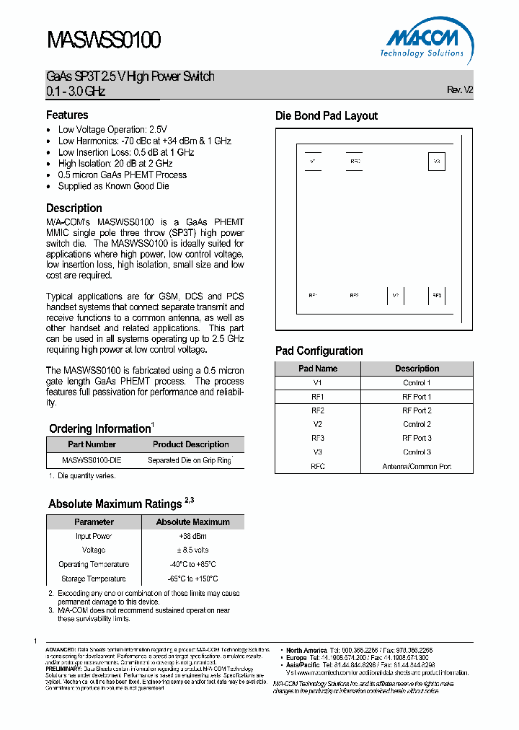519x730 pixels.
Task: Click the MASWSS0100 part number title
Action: [103, 40]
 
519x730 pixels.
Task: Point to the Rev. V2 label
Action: [460, 90]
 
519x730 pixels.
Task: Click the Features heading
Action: [67, 115]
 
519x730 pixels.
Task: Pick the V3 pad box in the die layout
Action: [436, 162]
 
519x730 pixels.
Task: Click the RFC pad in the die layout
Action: [355, 161]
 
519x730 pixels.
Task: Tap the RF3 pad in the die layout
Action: [436, 295]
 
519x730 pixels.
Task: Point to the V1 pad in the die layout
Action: [313, 161]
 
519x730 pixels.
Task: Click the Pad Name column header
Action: [318, 369]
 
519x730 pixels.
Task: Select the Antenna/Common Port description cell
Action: [417, 466]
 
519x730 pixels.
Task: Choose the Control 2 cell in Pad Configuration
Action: [417, 425]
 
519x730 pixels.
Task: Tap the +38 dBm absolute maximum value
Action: [192, 536]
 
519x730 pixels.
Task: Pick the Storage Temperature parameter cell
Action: [94, 579]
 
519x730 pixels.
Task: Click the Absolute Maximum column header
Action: [192, 522]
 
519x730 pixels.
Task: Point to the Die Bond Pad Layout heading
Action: [327, 116]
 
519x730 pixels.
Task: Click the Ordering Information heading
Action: [99, 428]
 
